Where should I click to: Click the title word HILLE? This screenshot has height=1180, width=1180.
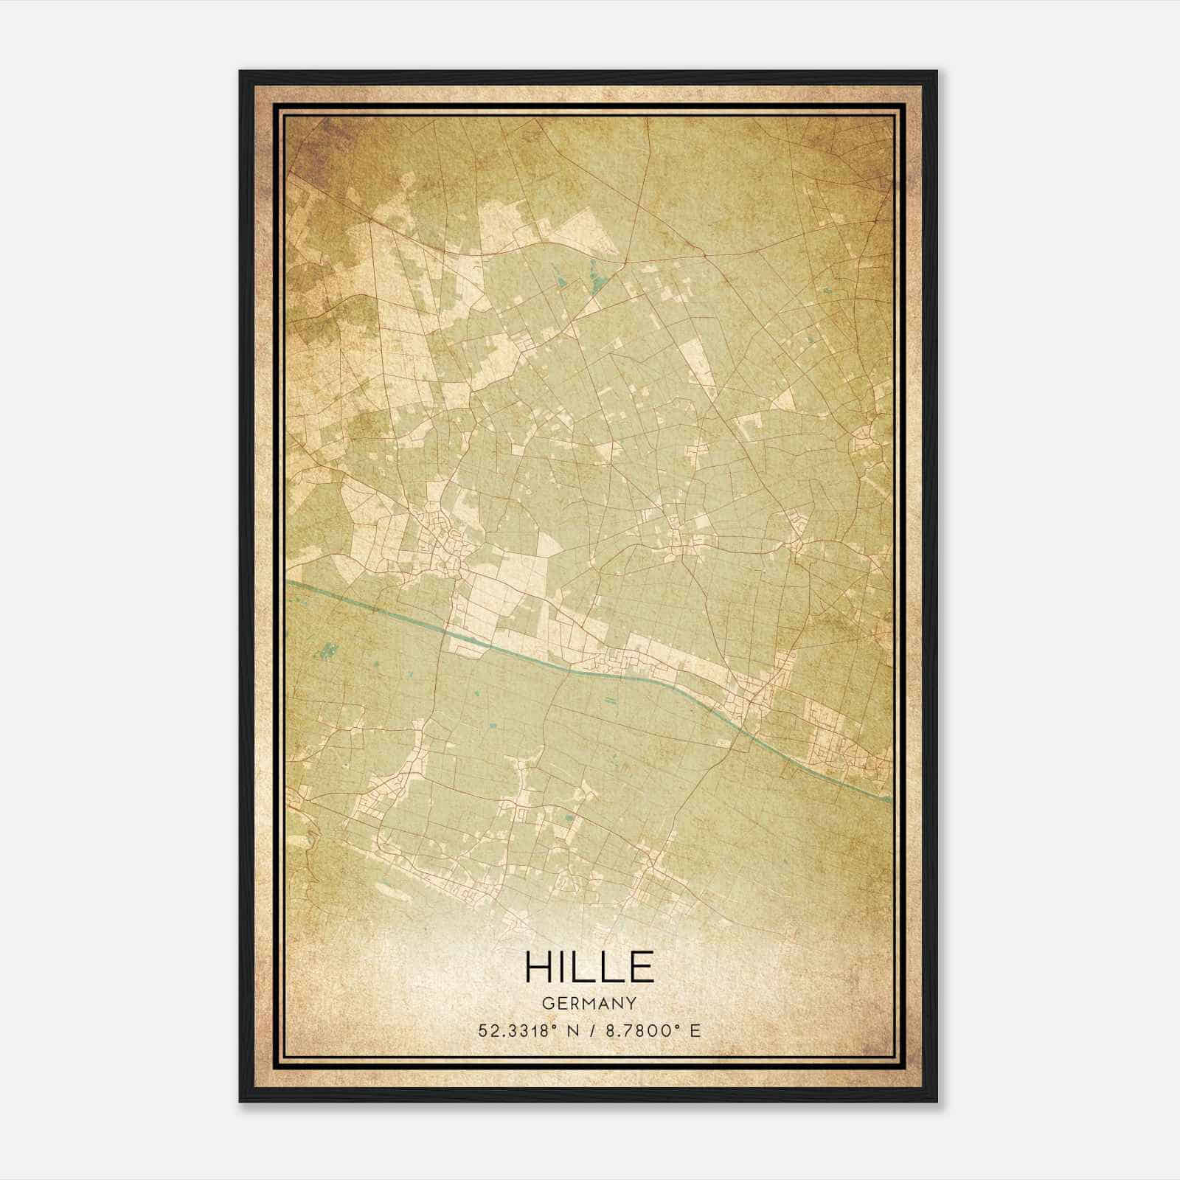(589, 966)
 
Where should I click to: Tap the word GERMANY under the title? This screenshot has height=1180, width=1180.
(589, 1003)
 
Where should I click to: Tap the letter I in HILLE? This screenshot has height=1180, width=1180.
(565, 966)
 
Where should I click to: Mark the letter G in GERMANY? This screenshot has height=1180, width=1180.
(546, 1003)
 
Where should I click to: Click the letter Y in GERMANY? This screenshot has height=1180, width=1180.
(631, 1003)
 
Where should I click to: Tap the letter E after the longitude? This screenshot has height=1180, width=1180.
(695, 1030)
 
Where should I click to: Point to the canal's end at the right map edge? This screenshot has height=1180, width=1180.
(889, 799)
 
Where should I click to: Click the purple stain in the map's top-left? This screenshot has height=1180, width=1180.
(324, 140)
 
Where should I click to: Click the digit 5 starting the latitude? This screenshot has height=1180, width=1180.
(483, 1030)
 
